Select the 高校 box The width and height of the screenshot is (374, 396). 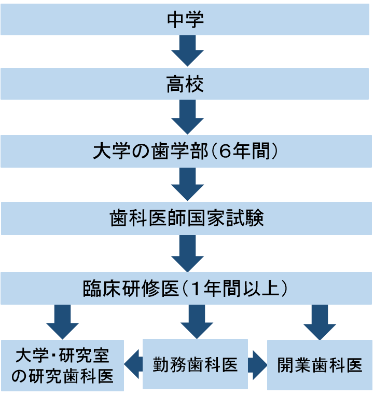(187, 85)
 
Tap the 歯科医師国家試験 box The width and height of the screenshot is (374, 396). (187, 219)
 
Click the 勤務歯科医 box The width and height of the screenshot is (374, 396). (195, 364)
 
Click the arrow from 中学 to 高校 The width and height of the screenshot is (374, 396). (187, 51)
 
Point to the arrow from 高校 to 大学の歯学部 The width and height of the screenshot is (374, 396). (187, 118)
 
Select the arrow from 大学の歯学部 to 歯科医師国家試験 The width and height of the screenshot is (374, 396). (187, 185)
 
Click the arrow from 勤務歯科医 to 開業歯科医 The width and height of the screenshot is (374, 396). (257, 365)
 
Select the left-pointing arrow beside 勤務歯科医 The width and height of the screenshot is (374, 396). (133, 365)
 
